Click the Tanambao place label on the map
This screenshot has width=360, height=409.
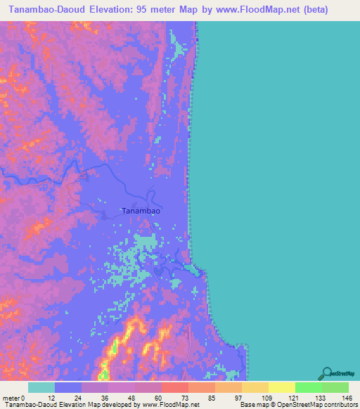(141, 210)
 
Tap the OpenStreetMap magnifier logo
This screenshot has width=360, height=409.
(326, 373)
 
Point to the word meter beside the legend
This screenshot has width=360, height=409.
(12, 397)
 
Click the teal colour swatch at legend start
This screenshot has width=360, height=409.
(41, 387)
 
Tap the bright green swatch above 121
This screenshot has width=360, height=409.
(309, 387)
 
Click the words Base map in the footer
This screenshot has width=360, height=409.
(254, 405)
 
